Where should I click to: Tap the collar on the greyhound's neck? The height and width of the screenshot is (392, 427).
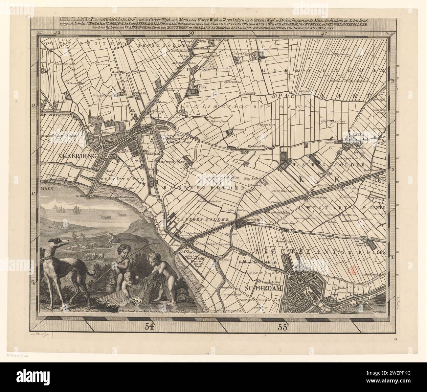point(48,256)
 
